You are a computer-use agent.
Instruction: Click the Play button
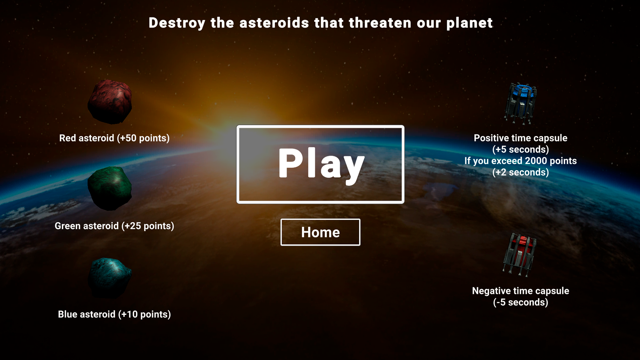320,164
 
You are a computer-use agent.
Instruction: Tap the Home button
320,232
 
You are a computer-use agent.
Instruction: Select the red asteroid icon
110,102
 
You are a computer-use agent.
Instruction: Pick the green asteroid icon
110,188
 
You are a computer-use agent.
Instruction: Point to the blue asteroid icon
110,277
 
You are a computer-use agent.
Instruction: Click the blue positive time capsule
521,103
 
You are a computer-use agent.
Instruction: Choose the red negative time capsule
520,255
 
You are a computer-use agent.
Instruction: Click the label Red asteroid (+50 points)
114,138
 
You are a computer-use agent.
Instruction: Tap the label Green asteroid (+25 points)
114,226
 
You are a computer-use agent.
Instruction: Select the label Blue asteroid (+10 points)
114,314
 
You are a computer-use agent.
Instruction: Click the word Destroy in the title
177,23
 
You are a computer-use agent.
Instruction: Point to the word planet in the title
469,23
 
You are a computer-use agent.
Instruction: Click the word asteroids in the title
274,23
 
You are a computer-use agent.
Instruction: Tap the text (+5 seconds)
521,149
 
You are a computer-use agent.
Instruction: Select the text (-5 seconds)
521,302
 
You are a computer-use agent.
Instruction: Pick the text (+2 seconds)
521,172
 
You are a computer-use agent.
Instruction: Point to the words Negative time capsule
521,291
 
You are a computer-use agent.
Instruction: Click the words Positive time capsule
521,138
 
